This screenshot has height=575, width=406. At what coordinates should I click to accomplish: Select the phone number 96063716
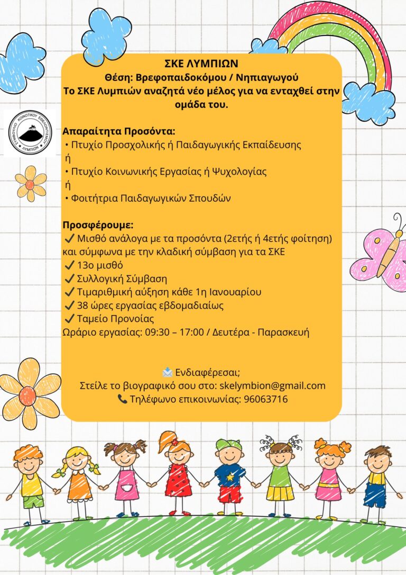[265, 399]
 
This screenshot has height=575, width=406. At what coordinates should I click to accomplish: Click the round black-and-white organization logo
[30, 133]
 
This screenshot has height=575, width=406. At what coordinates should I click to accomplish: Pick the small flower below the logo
[31, 183]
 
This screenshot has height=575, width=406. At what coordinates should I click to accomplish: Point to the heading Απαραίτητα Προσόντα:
[118, 131]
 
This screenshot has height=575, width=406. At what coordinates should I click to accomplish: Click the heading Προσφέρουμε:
[98, 224]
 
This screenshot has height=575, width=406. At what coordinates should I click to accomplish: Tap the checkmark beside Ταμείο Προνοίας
[68, 319]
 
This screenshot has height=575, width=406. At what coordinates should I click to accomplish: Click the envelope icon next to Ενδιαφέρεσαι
[168, 372]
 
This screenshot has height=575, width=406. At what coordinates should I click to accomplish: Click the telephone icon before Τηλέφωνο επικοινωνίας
[122, 400]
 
